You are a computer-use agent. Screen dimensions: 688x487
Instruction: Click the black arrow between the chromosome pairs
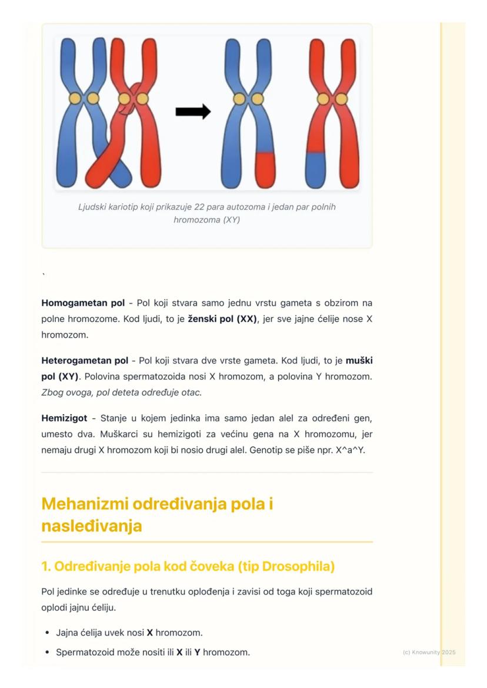(x=193, y=111)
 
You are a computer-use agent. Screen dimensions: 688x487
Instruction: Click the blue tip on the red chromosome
(x=316, y=168)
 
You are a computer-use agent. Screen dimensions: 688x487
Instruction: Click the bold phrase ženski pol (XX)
(x=222, y=318)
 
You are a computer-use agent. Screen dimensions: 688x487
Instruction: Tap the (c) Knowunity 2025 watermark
(x=429, y=652)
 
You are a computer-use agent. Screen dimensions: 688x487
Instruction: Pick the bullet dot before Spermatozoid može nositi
(x=47, y=652)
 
